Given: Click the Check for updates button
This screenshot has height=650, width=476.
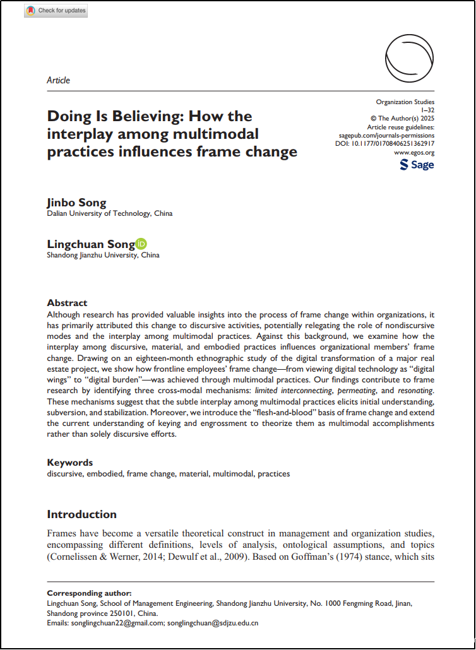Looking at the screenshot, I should [56, 11].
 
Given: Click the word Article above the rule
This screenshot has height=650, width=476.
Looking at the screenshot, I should [59, 80].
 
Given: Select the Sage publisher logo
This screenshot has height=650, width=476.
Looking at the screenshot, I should [417, 165].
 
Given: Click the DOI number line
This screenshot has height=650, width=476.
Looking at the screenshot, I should [384, 144].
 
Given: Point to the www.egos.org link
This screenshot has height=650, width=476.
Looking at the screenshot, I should [414, 153].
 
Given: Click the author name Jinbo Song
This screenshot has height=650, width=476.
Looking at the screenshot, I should [76, 203].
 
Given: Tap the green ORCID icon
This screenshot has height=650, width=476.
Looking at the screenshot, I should [141, 244].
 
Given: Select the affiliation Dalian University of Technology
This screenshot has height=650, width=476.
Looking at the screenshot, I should [110, 213].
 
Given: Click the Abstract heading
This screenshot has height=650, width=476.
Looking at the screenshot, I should [67, 303].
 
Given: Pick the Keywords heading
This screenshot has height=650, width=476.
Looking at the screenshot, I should [70, 463].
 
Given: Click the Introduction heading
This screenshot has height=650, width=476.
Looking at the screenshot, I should [82, 514].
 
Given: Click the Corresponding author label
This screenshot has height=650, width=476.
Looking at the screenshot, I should [90, 593].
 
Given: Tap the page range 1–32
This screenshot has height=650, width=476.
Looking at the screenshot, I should [427, 110].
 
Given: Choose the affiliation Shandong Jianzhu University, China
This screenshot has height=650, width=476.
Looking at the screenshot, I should [104, 256].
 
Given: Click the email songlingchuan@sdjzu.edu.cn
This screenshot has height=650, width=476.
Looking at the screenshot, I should [213, 623].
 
